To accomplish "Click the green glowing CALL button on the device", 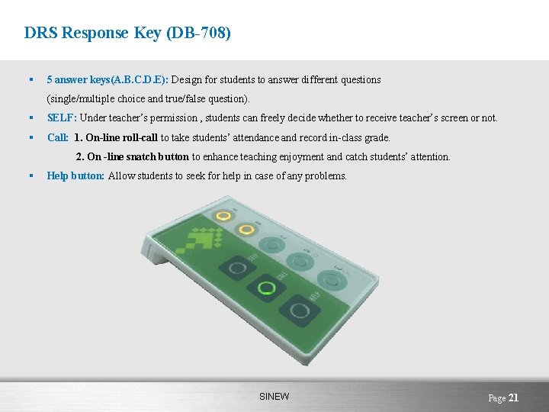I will (x=266, y=288).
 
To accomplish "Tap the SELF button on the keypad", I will (x=235, y=268).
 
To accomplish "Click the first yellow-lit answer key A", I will (x=223, y=216).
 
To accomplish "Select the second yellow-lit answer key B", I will (x=246, y=229).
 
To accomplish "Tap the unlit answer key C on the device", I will (x=272, y=244).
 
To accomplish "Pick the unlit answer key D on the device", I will (x=300, y=261).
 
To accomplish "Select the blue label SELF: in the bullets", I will (x=62, y=118).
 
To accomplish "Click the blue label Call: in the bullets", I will (x=58, y=138).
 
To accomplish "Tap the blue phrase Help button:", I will (x=75, y=176).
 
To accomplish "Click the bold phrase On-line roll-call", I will (x=122, y=138).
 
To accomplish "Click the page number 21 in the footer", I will (x=513, y=398).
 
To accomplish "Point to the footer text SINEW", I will (x=274, y=397).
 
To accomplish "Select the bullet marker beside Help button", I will (x=29, y=176).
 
